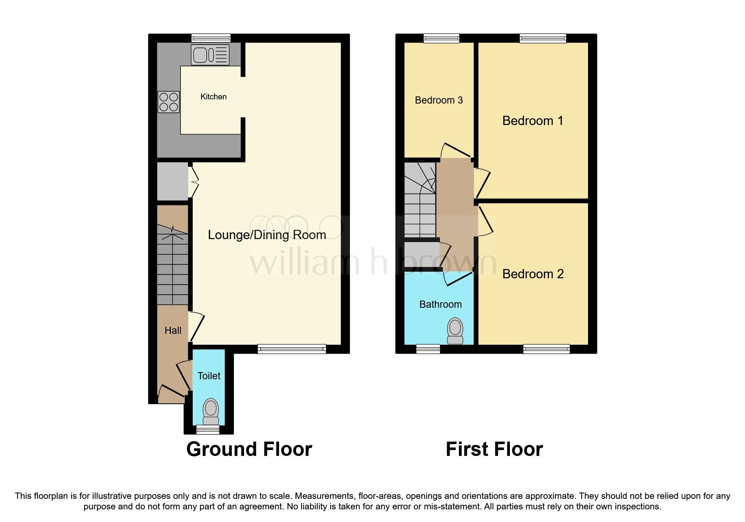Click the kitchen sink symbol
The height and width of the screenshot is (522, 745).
pos(210,55)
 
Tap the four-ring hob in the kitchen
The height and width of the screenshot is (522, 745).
pos(169,102)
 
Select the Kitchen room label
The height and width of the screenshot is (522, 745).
pos(213,97)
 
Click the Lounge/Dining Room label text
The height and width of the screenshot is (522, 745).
pos(267,235)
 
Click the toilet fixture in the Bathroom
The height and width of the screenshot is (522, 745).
pos(455,332)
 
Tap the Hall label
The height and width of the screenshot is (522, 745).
pos(173,331)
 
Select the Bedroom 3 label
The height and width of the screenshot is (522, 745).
pos(439,100)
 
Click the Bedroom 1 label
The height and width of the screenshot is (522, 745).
pos(533,121)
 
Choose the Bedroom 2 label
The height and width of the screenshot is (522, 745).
pos(533,274)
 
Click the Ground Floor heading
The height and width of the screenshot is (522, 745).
pos(249,449)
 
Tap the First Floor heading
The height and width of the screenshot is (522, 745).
pos(494,449)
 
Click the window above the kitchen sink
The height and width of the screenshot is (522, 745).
pos(211,38)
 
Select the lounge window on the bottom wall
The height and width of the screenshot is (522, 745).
pos(292,349)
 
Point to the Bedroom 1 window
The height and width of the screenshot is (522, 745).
pos(543,38)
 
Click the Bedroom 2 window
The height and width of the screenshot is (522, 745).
pos(546,349)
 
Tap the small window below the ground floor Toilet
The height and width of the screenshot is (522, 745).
pos(208,429)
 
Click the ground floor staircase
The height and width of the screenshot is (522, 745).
pos(172,265)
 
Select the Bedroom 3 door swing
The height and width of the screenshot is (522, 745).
pos(454,151)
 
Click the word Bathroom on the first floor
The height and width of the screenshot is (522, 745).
pos(440,304)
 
